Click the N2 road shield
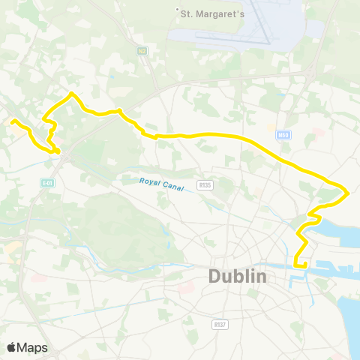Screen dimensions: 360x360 [141, 50]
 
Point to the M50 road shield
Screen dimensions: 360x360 [282, 134]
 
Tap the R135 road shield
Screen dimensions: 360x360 [204, 184]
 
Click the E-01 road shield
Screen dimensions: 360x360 [47, 182]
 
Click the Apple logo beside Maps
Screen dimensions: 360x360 [12, 347]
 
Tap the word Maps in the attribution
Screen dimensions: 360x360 [33, 347]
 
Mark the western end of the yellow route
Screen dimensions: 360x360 [13, 120]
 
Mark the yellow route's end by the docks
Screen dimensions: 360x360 [297, 265]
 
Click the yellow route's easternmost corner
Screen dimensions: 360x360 [348, 193]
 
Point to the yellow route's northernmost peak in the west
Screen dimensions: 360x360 [71, 93]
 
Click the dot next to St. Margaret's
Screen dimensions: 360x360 [177, 10]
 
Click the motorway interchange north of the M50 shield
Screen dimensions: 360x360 [311, 73]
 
